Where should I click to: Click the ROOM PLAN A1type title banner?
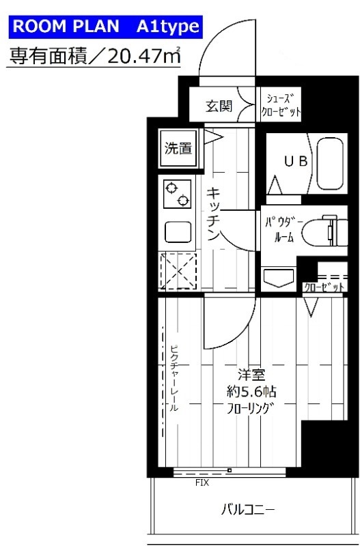click(x=105, y=27)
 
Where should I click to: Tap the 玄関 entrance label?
click(x=219, y=106)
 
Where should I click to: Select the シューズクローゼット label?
click(x=280, y=106)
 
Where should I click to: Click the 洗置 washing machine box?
click(x=177, y=147)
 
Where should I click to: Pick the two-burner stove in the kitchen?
click(x=177, y=192)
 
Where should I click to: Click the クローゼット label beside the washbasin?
click(x=323, y=288)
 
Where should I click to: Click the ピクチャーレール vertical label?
click(x=174, y=377)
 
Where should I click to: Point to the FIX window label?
click(x=202, y=483)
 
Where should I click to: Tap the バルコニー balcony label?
click(x=248, y=509)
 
